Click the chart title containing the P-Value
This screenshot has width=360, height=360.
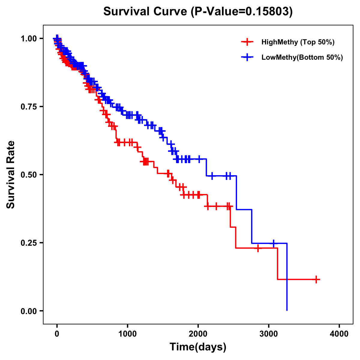[x=198, y=11]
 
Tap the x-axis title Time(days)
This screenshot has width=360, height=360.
[x=198, y=347]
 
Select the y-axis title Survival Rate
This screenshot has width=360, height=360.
[x=11, y=174]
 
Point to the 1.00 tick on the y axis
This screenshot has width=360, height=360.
[x=28, y=38]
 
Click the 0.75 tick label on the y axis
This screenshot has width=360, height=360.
[x=28, y=106]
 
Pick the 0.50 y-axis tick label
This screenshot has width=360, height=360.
[x=28, y=175]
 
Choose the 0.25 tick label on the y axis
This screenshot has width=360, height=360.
[x=28, y=243]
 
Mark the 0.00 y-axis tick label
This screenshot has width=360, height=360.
[x=28, y=311]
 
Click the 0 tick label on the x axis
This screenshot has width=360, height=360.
[x=57, y=334]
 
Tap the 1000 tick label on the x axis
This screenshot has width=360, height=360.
[x=127, y=334]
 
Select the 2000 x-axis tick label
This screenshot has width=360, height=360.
[x=198, y=334]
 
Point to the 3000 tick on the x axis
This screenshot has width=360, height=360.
[x=269, y=334]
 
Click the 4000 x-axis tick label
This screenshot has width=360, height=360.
[x=339, y=334]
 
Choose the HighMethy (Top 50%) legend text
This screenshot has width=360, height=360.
[x=298, y=42]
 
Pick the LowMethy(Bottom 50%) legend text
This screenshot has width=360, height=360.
[x=302, y=57]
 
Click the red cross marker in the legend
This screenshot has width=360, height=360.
[x=247, y=42]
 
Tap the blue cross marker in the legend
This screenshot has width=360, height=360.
[x=247, y=57]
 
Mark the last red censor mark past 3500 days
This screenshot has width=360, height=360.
[x=316, y=279]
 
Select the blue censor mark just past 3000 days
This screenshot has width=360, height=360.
[x=274, y=243]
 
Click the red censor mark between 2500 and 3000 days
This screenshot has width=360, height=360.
[x=258, y=248]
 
